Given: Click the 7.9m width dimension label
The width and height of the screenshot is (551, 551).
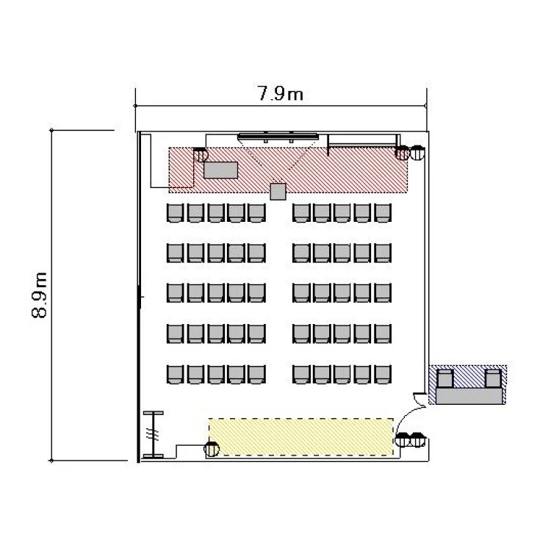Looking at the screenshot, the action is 281,93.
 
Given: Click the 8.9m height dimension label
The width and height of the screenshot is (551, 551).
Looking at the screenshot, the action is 39,295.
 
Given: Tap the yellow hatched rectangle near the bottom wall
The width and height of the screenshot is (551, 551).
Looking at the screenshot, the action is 300,437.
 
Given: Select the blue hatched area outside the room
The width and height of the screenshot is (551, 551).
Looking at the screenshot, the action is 468,384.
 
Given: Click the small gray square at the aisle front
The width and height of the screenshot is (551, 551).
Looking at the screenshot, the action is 278,192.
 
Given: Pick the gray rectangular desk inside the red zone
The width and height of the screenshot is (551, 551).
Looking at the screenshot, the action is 220,170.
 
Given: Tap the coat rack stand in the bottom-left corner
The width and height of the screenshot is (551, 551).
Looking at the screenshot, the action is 154,434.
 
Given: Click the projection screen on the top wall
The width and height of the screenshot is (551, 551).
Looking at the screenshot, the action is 278,136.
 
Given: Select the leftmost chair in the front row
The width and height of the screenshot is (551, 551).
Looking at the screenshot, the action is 175,213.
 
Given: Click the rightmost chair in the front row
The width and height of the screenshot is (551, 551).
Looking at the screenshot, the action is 383,213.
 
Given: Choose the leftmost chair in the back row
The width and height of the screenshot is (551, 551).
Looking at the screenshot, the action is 175,374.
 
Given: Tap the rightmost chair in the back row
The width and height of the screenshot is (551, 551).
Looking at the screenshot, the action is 383,374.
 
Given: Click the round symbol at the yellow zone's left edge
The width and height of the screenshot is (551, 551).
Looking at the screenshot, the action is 212,449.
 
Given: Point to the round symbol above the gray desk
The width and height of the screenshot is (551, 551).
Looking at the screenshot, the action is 201,154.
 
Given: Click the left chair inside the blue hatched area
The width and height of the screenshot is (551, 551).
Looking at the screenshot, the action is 444,378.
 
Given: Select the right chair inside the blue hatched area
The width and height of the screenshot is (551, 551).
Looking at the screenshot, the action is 493,378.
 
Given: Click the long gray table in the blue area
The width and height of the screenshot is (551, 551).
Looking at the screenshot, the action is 469,396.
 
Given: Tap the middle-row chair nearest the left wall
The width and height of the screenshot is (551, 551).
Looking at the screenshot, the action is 175,293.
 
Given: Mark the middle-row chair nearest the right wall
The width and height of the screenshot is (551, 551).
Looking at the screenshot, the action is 383,293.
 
